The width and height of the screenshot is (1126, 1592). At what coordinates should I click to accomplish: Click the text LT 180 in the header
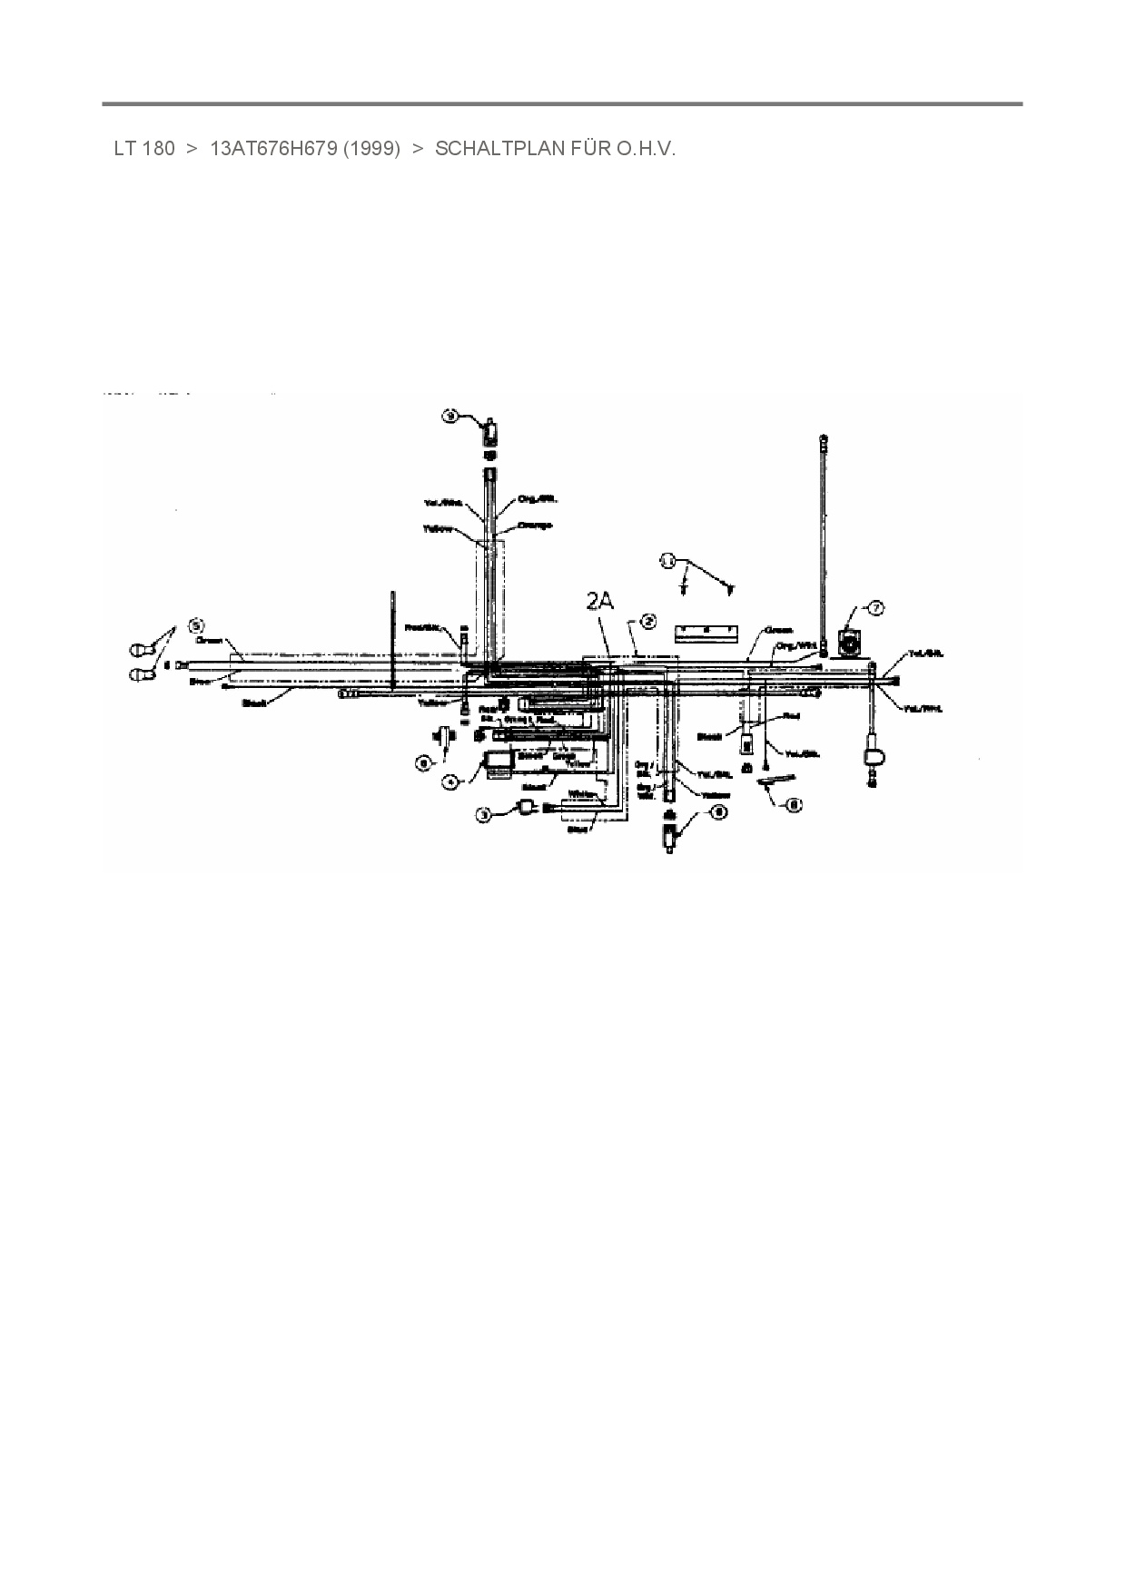(x=143, y=149)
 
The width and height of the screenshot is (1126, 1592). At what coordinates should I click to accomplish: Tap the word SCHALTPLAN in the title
(x=499, y=149)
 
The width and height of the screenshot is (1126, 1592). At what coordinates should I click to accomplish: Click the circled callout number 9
(x=449, y=416)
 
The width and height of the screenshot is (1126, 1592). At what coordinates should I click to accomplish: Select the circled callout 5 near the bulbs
(x=195, y=624)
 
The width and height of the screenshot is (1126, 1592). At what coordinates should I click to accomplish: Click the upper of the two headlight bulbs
(x=142, y=650)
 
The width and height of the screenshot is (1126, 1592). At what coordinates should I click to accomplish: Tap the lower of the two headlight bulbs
(x=142, y=674)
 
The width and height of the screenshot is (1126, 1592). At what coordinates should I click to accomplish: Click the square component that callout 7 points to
(x=851, y=644)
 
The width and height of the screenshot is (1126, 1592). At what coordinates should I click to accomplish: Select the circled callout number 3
(x=486, y=815)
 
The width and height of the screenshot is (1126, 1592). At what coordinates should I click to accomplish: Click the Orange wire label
(x=535, y=526)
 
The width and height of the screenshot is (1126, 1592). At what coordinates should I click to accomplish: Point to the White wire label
(x=580, y=794)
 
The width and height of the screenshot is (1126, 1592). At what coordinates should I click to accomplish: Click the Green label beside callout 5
(x=210, y=640)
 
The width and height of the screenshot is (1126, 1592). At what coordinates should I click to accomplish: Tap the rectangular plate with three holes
(x=705, y=630)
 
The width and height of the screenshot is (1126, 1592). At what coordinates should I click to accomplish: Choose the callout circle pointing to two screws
(x=668, y=561)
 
